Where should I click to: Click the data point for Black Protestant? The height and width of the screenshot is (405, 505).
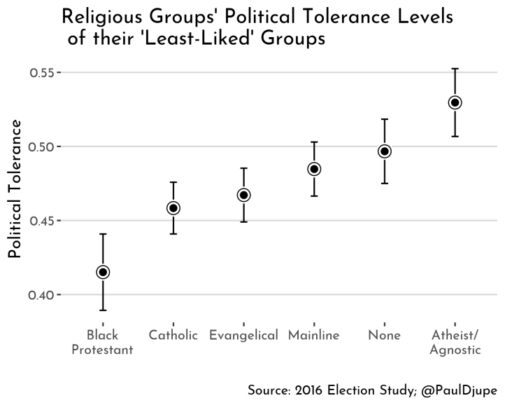click(x=103, y=272)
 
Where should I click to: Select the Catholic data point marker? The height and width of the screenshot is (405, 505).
click(x=173, y=208)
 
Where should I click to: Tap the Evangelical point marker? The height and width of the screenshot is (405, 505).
click(x=243, y=195)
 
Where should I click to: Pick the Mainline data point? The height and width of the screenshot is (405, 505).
click(x=314, y=169)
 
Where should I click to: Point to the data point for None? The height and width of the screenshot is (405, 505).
click(x=384, y=151)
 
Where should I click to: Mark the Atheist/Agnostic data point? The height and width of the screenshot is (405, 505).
click(x=455, y=102)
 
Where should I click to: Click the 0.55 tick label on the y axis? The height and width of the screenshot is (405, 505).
click(x=43, y=73)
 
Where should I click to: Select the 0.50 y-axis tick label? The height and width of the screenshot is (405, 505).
click(x=43, y=146)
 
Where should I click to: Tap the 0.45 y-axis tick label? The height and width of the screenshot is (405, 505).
click(x=43, y=221)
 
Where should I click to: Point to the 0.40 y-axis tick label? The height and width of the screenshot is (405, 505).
click(x=43, y=295)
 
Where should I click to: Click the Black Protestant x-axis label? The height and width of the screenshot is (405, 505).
click(x=103, y=343)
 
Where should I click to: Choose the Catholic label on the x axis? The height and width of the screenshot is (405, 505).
click(x=173, y=336)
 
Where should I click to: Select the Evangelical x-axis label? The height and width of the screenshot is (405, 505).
click(x=243, y=336)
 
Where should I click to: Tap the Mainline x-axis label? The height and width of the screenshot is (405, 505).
click(x=314, y=336)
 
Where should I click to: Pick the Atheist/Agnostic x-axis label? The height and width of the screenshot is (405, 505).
click(x=455, y=343)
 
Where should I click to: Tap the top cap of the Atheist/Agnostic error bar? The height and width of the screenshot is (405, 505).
click(x=455, y=69)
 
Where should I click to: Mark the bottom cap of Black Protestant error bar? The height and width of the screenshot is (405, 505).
click(x=103, y=310)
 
